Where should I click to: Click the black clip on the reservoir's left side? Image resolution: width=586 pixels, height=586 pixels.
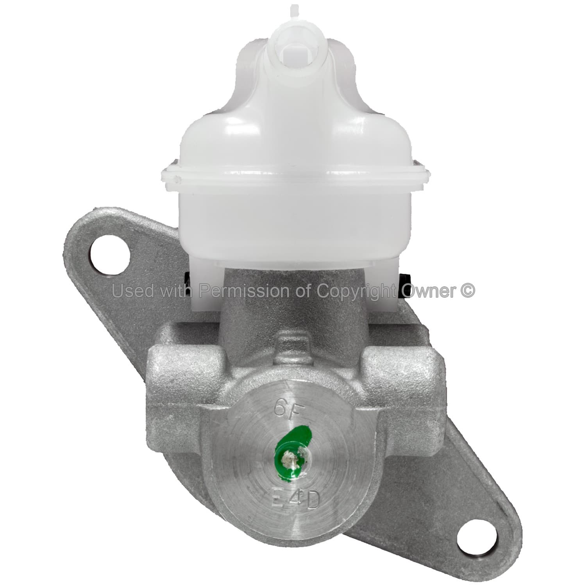pyautogui.click(x=188, y=279)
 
